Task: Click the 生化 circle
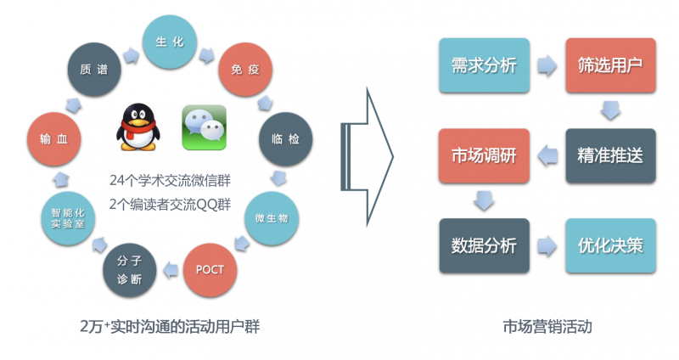pyautogui.click(x=170, y=42)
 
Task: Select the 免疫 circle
pyautogui.click(x=245, y=70)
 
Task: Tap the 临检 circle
pyautogui.click(x=285, y=139)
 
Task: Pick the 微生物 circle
pyautogui.click(x=272, y=218)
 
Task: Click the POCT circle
pyautogui.click(x=210, y=270)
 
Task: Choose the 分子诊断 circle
pyautogui.click(x=130, y=270)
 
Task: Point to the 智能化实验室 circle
pyautogui.click(x=68, y=218)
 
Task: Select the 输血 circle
pyautogui.click(x=54, y=139)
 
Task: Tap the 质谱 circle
pyautogui.click(x=94, y=70)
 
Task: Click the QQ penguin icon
pyautogui.click(x=137, y=127)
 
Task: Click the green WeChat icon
pyautogui.click(x=205, y=127)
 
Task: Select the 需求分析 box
pyautogui.click(x=484, y=65)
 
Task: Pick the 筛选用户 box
pyautogui.click(x=610, y=65)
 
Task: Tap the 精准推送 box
pyautogui.click(x=610, y=156)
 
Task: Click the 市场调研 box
pyautogui.click(x=484, y=156)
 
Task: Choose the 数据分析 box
pyautogui.click(x=484, y=246)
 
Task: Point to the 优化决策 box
pyautogui.click(x=610, y=246)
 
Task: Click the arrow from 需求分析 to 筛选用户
pyautogui.click(x=547, y=66)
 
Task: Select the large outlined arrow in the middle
pyautogui.click(x=368, y=157)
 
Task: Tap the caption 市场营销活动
pyautogui.click(x=547, y=327)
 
